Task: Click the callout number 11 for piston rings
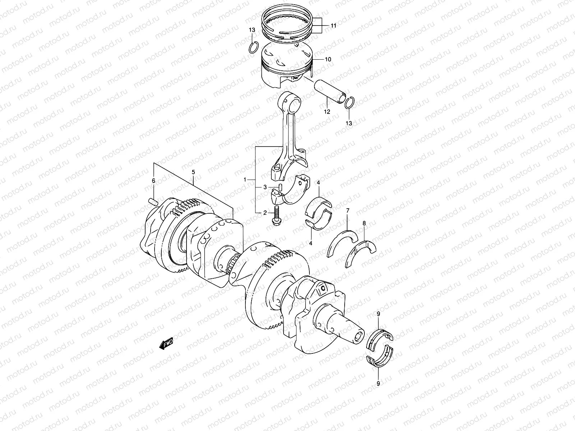333,26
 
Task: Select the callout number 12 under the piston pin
327,112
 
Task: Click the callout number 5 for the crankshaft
193,172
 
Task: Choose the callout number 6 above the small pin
153,181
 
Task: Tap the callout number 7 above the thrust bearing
348,210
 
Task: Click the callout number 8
364,223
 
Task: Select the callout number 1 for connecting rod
245,179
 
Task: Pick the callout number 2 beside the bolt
265,213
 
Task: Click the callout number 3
265,187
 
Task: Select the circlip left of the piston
253,47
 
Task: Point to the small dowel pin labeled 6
153,202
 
